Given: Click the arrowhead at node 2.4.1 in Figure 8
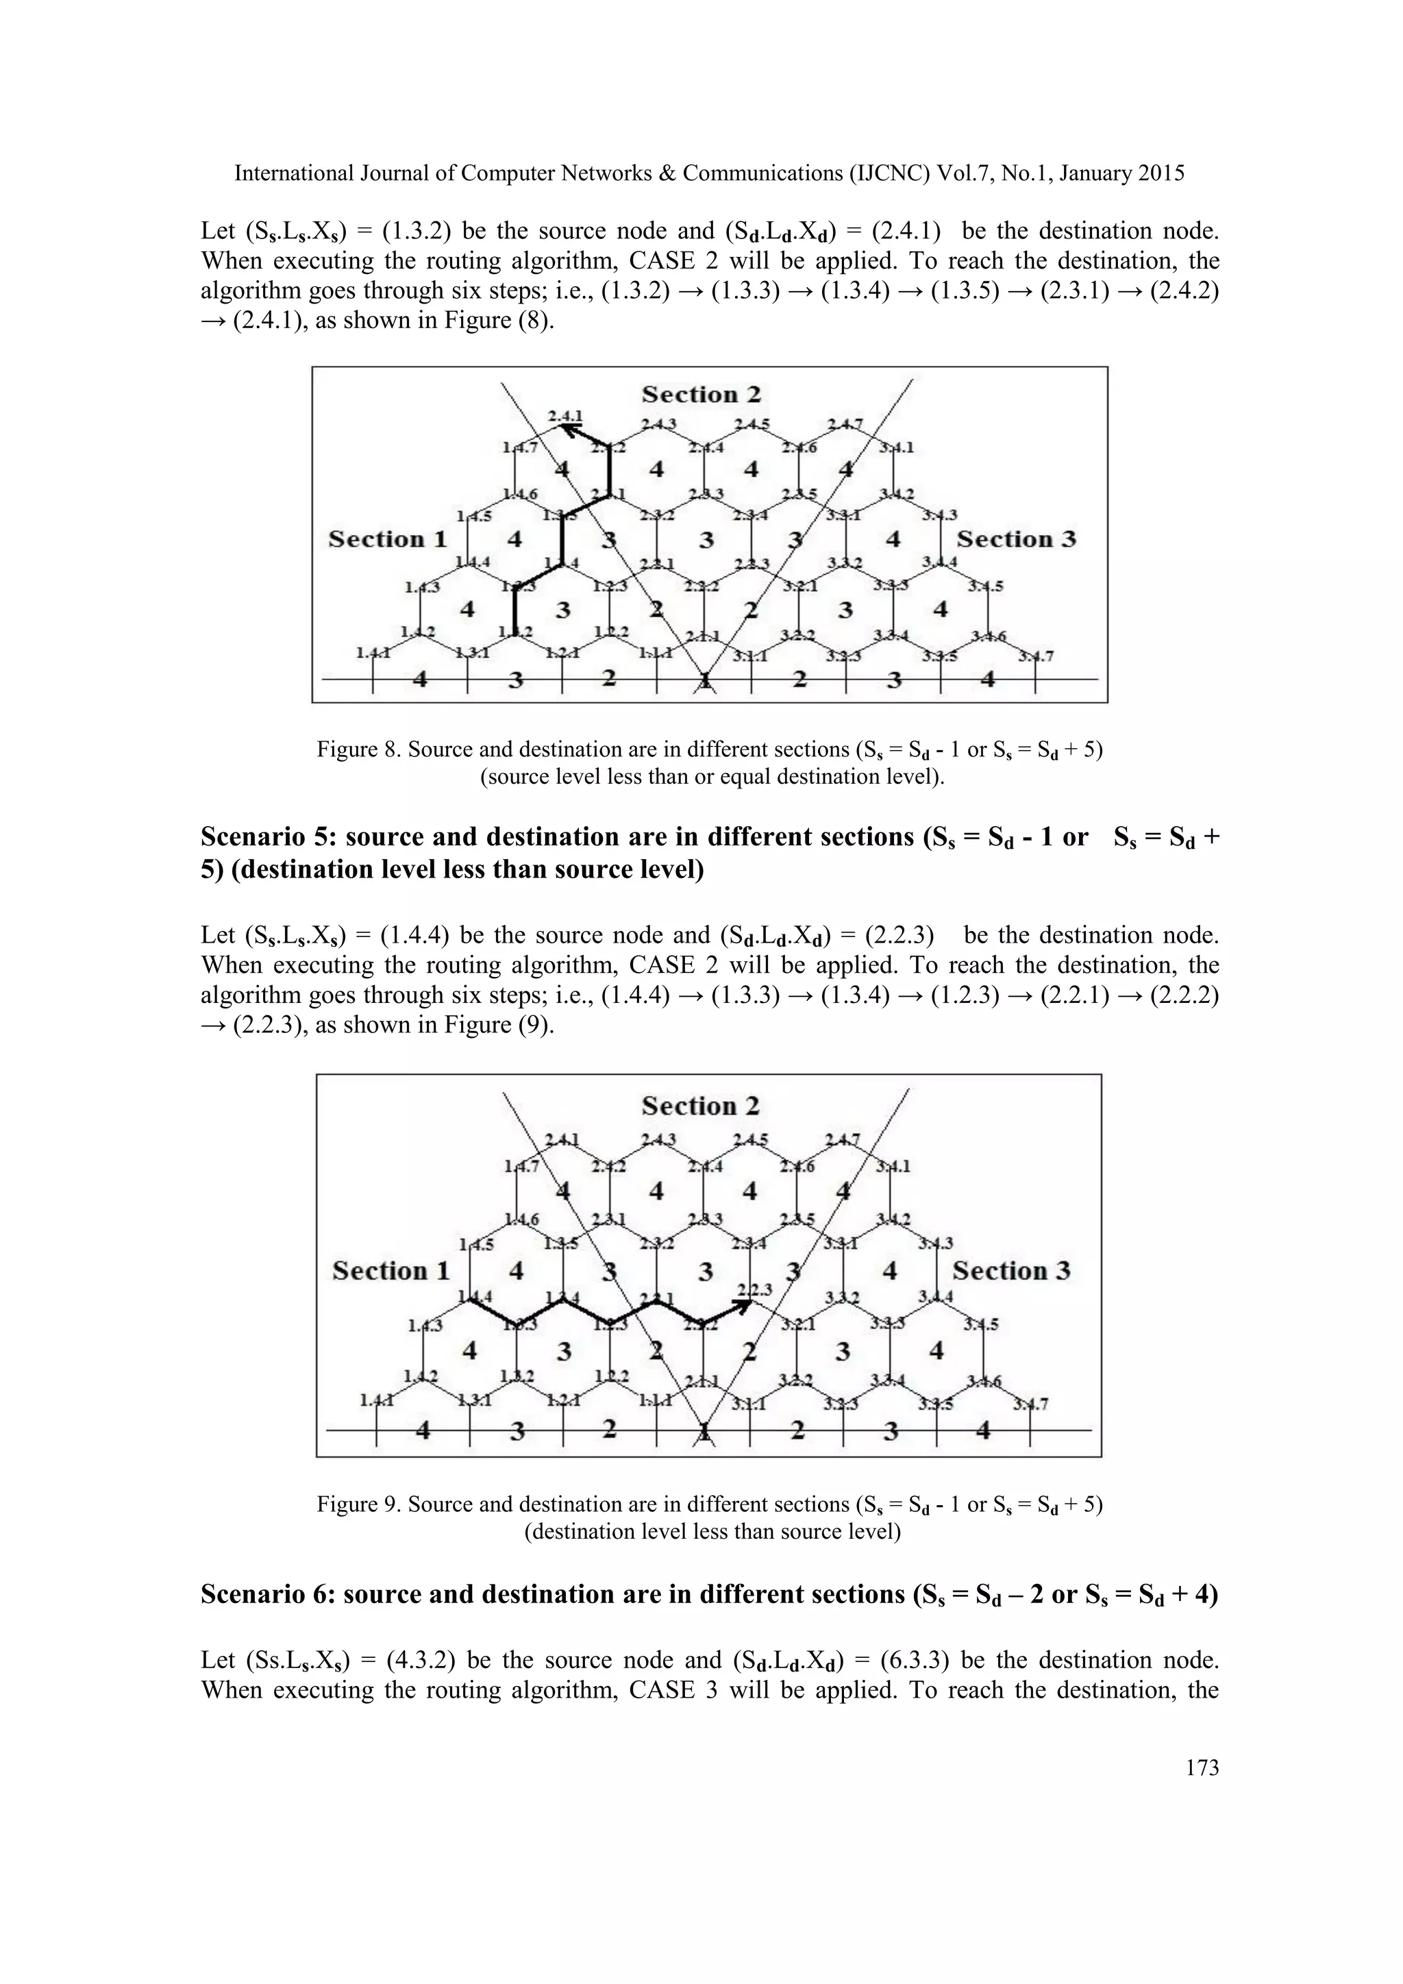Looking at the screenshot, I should click(567, 427).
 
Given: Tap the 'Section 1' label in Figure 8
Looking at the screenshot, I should click(388, 539).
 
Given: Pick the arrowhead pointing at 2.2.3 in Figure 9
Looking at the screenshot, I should click(742, 1306).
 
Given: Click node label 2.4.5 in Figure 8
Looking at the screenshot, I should click(752, 424).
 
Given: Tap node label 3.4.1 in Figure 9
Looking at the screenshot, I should click(895, 1166).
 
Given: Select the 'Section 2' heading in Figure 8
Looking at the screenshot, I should click(701, 395).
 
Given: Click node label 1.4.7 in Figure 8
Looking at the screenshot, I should click(520, 447).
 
